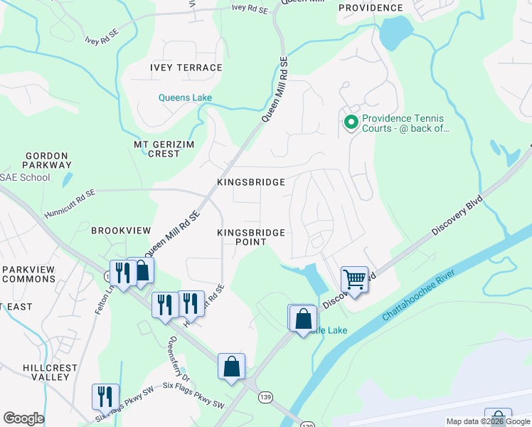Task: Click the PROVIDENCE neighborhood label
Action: coord(370,8)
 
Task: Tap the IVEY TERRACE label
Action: coord(186,68)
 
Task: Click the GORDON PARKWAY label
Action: coord(47,160)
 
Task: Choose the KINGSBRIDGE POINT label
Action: coord(251,237)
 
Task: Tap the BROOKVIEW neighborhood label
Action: coord(121,231)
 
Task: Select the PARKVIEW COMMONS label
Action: coord(28,274)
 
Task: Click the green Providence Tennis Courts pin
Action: coord(350,123)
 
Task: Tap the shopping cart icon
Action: coord(354,279)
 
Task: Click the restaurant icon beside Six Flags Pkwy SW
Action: coord(105,396)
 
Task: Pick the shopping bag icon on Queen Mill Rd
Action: coord(141,270)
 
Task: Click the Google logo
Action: coord(23,418)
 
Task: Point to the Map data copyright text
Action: coord(487,421)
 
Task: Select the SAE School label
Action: coord(26,177)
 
